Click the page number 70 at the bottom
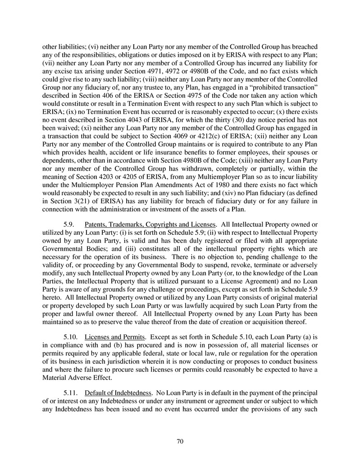tap(180, 441)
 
